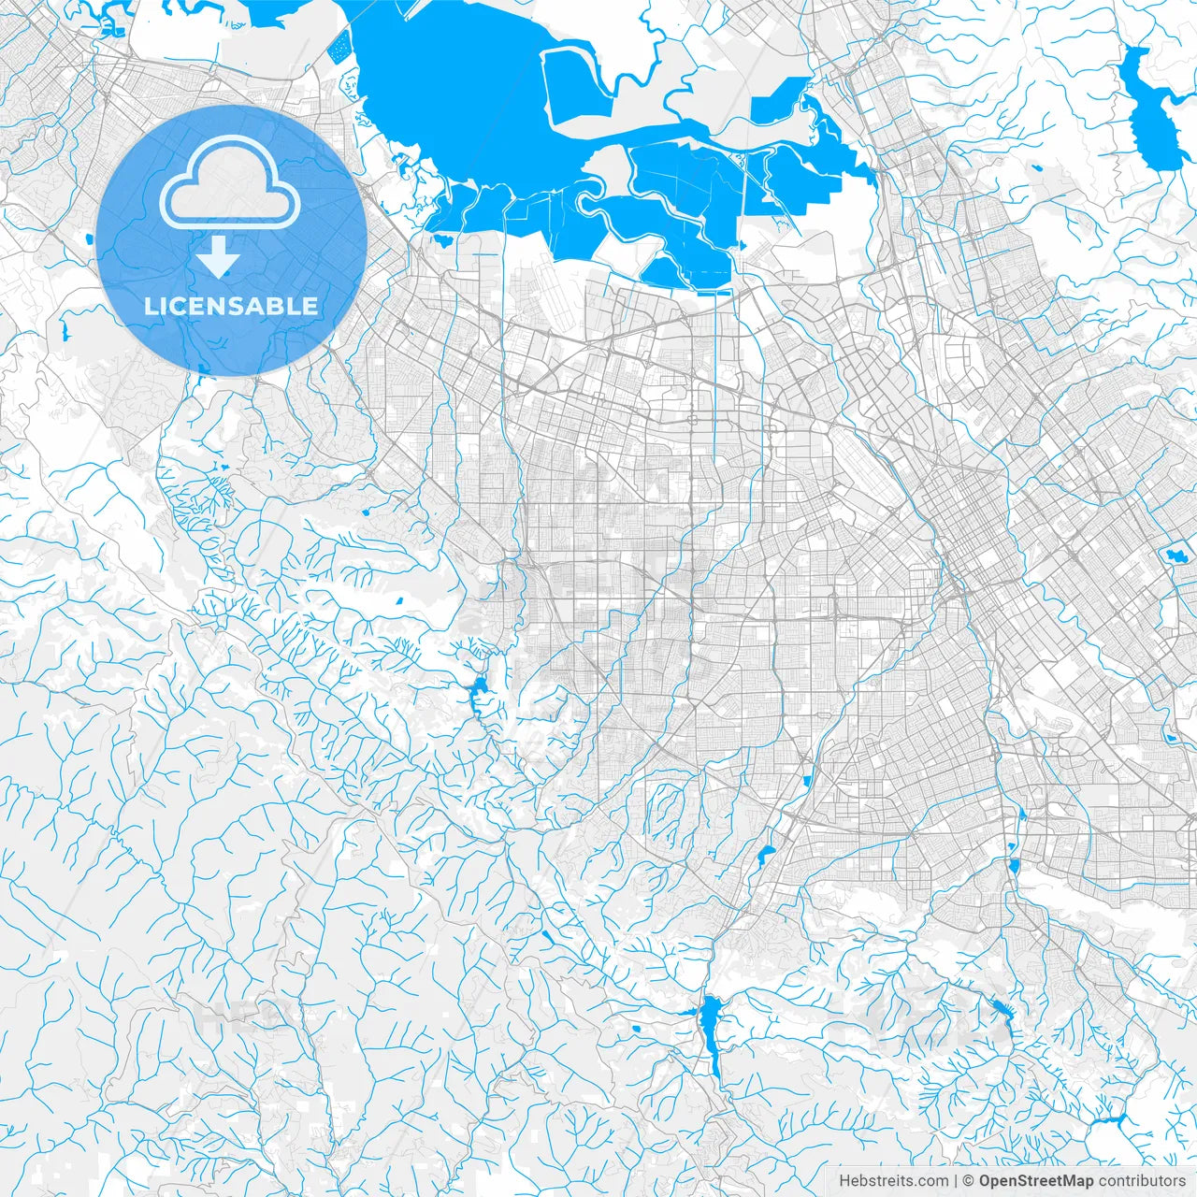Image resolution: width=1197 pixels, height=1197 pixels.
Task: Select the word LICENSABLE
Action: (x=230, y=306)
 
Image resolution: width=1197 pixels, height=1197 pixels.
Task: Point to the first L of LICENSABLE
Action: (x=150, y=306)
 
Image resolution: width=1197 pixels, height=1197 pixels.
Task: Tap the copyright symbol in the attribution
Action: (x=970, y=1181)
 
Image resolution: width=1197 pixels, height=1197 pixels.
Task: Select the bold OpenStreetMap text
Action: (x=1036, y=1181)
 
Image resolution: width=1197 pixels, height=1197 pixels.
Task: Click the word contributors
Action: (x=1142, y=1181)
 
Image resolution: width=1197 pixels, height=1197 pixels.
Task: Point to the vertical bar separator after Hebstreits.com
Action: (x=956, y=1181)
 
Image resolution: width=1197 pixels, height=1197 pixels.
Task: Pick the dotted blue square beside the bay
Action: (x=339, y=47)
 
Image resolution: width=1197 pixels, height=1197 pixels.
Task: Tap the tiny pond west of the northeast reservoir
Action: (x=1039, y=169)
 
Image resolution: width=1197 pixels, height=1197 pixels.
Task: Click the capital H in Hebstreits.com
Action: (x=844, y=1181)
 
